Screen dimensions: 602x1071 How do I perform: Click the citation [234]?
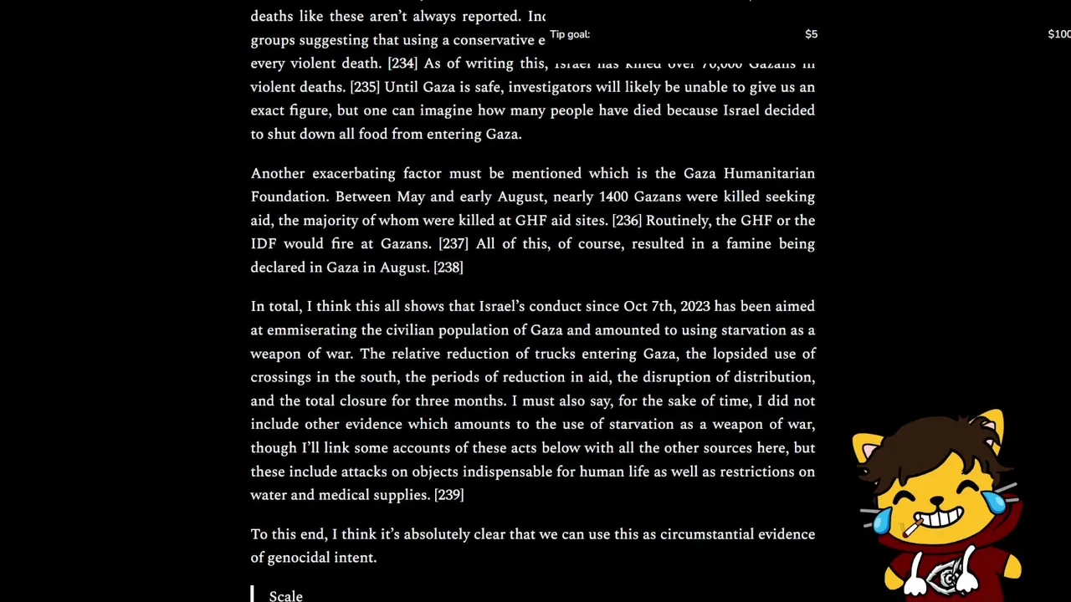402,64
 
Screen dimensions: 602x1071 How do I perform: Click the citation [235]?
364,87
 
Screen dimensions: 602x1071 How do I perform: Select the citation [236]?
627,220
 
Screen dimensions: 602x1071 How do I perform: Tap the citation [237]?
454,243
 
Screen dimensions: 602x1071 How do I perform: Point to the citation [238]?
448,268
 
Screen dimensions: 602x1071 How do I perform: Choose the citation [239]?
449,495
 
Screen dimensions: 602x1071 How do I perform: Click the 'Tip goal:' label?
570,34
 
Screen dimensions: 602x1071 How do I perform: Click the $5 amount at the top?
811,34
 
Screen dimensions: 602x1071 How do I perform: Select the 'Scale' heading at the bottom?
286,595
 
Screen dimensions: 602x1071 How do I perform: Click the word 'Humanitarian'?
769,173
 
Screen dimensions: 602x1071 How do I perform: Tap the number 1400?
613,196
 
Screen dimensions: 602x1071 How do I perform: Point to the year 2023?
695,306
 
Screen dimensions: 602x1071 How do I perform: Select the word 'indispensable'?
507,472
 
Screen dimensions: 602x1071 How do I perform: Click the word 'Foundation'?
289,196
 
